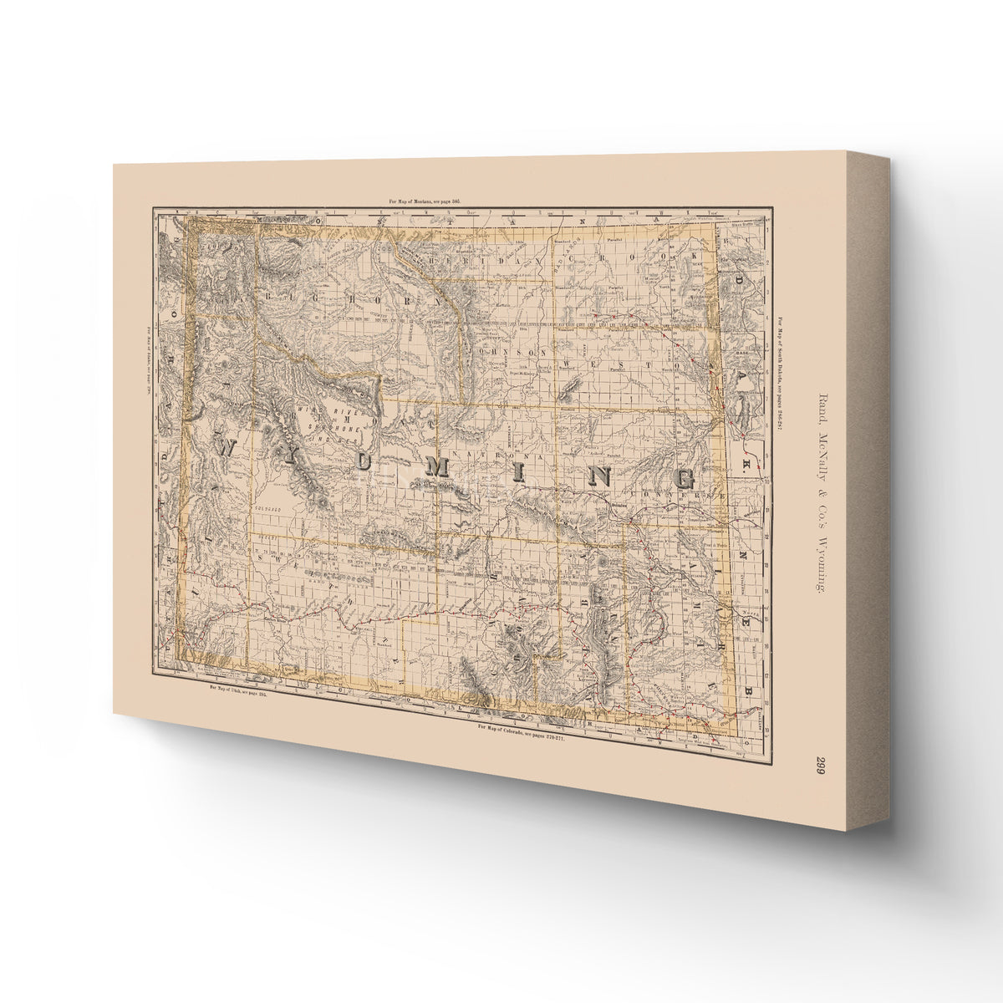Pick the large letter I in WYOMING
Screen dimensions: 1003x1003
click(517, 474)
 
